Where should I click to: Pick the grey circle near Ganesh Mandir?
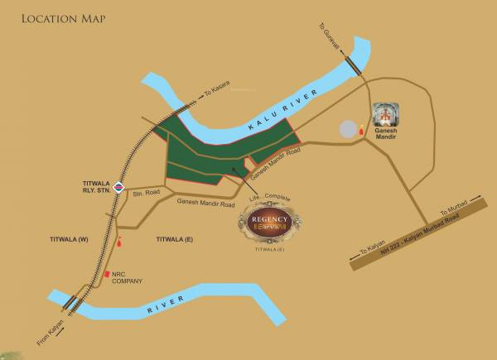(348, 130)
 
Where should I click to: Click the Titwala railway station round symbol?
(120, 186)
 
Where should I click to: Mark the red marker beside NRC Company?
(106, 274)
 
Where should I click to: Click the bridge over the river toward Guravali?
(357, 66)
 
